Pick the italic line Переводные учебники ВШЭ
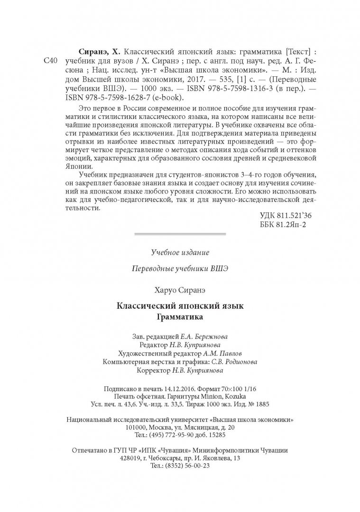pos(180,268)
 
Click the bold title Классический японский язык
pos(180,305)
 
